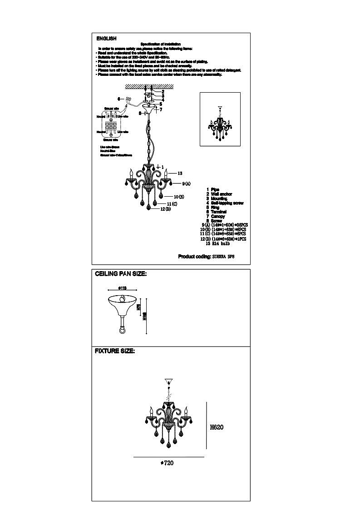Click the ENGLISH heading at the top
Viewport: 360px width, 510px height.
click(106, 39)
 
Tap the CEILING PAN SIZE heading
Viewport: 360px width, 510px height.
click(120, 274)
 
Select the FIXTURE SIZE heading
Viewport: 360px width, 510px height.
click(114, 351)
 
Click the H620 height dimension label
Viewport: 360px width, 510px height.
click(217, 427)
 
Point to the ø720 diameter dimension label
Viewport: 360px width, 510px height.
click(167, 463)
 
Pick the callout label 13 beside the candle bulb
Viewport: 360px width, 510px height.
click(180, 173)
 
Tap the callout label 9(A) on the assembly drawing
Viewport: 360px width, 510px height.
click(186, 183)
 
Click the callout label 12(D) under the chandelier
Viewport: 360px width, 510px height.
click(165, 209)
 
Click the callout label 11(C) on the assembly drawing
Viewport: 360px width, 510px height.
click(172, 204)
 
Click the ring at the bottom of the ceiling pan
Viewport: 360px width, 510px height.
click(121, 330)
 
